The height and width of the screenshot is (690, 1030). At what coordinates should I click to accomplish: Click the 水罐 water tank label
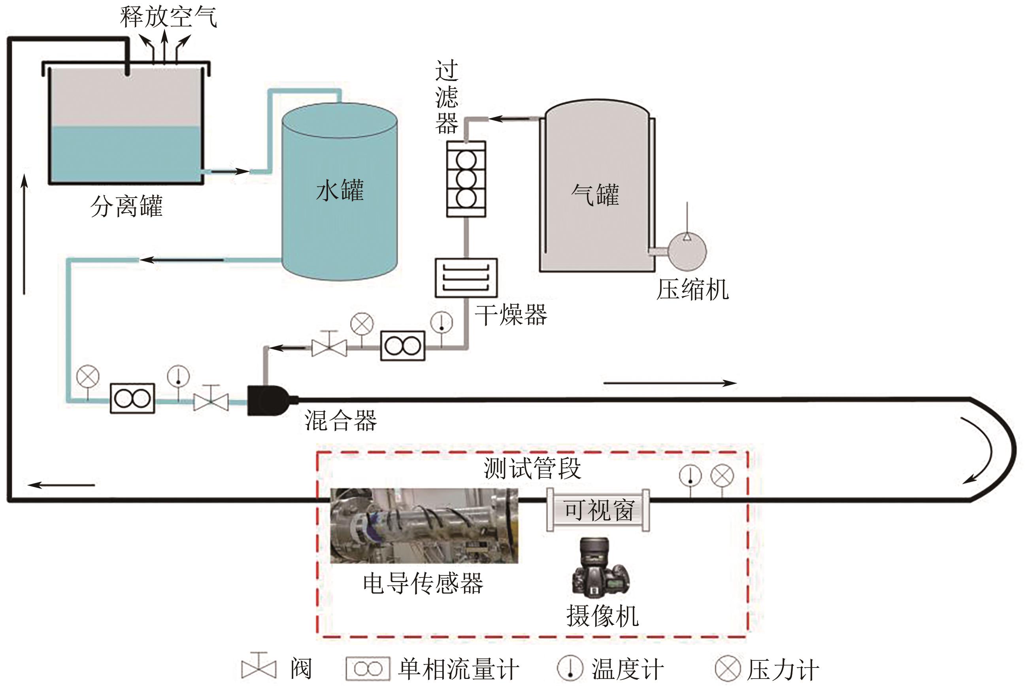pos(340,190)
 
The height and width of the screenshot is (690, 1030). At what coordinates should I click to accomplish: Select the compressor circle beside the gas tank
pos(687,251)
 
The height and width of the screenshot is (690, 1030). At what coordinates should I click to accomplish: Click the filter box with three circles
pos(466,179)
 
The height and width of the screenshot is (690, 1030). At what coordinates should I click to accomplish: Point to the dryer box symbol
pos(466,278)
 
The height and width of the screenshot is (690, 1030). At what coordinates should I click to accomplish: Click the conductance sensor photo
pos(424,526)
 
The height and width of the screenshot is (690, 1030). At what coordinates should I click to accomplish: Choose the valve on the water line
pos(211,401)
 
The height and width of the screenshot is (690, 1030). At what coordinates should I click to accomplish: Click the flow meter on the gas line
pos(403,346)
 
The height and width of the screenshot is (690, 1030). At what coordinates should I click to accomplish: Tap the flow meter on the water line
pos(132,399)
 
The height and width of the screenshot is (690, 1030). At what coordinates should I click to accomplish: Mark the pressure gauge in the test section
pos(723,476)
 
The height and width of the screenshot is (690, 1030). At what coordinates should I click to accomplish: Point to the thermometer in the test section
pos(690,476)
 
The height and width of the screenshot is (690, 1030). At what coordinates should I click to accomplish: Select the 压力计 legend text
pos(783,669)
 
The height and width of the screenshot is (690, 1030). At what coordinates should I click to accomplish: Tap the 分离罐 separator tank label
pos(127,206)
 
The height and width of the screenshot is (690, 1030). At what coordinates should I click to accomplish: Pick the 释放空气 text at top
pos(168,17)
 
